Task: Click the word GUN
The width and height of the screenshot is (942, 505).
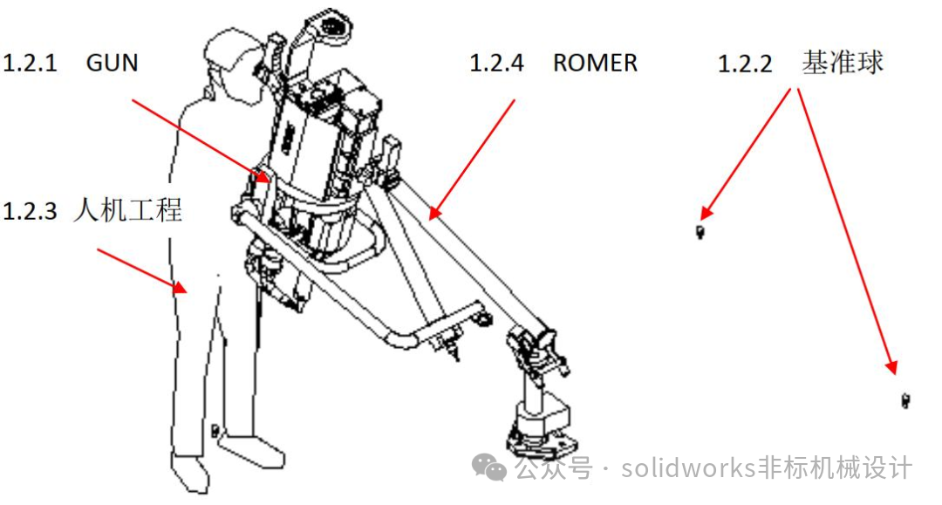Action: point(113,63)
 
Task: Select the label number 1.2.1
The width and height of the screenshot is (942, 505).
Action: point(30,63)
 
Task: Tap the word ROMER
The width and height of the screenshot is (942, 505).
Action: point(595,63)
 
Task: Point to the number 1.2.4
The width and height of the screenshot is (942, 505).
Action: point(496,63)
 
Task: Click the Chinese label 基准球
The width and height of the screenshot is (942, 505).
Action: point(843,63)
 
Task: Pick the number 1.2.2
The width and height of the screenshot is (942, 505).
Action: point(745,64)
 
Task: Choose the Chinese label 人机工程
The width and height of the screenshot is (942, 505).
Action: point(127,210)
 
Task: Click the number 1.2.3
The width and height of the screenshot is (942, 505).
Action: point(30,211)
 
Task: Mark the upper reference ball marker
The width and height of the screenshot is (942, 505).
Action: point(700,232)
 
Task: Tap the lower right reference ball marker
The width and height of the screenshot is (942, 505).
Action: point(905,400)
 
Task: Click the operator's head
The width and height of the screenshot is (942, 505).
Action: point(230,60)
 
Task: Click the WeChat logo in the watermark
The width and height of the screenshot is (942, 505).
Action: point(489,467)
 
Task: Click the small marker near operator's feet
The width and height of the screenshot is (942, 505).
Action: point(215,430)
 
